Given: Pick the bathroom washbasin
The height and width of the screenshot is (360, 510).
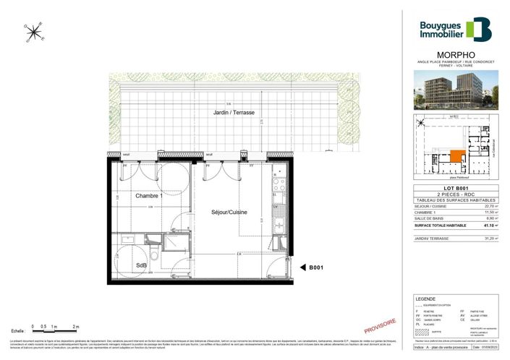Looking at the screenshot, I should (x=127, y=238).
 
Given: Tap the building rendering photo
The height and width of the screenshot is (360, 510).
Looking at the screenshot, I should (x=456, y=91).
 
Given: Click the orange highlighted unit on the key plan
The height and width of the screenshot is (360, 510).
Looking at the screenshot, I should (x=456, y=155).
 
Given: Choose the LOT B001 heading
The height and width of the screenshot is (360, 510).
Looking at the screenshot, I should (x=456, y=189).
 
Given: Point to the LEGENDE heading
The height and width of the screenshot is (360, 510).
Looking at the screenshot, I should (x=425, y=299).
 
